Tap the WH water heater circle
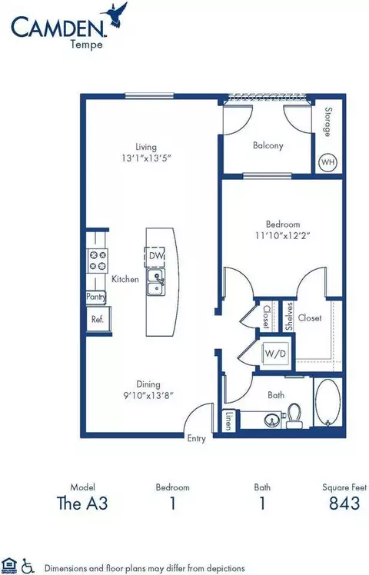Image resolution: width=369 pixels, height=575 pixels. pyautogui.click(x=328, y=162)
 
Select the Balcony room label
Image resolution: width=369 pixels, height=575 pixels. pyautogui.click(x=268, y=145)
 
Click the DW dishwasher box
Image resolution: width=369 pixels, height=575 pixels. pyautogui.click(x=155, y=255)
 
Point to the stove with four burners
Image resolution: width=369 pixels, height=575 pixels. pyautogui.click(x=97, y=261)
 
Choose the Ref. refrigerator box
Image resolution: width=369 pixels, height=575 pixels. pyautogui.click(x=98, y=319)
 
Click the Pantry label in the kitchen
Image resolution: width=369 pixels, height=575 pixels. pyautogui.click(x=96, y=297)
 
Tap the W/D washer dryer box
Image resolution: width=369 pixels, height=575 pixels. pyautogui.click(x=275, y=354)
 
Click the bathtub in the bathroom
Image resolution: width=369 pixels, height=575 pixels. pyautogui.click(x=328, y=402)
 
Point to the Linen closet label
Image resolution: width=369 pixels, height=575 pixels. pyautogui.click(x=229, y=420)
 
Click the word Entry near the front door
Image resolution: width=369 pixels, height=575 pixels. pyautogui.click(x=196, y=439)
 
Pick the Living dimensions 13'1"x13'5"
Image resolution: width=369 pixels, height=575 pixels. pyautogui.click(x=147, y=158)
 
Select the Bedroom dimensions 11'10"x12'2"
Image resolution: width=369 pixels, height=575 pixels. pyautogui.click(x=283, y=235)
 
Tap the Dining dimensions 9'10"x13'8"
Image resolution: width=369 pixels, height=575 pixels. pyautogui.click(x=148, y=395)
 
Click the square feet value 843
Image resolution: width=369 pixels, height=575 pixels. pyautogui.click(x=344, y=503)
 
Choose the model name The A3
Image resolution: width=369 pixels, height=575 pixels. pyautogui.click(x=82, y=503)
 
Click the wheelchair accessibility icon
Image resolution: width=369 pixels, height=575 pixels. pyautogui.click(x=28, y=567)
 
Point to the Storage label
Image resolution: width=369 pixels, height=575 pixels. pyautogui.click(x=328, y=121)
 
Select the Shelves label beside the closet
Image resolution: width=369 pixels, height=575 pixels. pyautogui.click(x=289, y=316)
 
